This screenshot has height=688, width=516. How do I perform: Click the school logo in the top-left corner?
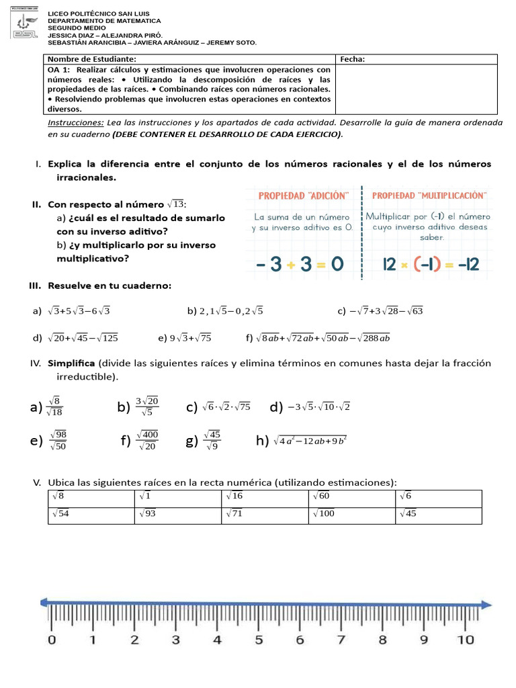pyautogui.click(x=26, y=25)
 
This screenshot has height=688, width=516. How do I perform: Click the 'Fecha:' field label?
pyautogui.click(x=353, y=59)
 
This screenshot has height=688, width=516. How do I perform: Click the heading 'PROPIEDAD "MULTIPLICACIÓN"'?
pyautogui.click(x=429, y=195)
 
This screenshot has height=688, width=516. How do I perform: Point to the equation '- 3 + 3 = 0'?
pyautogui.click(x=300, y=264)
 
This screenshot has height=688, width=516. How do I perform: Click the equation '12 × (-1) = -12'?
pyautogui.click(x=431, y=264)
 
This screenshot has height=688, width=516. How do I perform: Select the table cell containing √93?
pyautogui.click(x=178, y=515)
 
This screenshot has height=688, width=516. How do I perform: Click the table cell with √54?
pyautogui.click(x=90, y=515)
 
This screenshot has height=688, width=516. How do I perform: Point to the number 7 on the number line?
pyautogui.click(x=341, y=640)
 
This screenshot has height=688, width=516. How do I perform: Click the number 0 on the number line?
pyautogui.click(x=52, y=640)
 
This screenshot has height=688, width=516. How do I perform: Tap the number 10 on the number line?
pyautogui.click(x=466, y=640)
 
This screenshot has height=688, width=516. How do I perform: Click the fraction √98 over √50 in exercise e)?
pyautogui.click(x=57, y=440)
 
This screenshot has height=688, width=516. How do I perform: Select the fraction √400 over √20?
pyautogui.click(x=147, y=440)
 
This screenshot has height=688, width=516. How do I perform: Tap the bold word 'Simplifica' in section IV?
pyautogui.click(x=71, y=363)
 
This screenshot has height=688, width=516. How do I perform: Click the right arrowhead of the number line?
pyautogui.click(x=485, y=604)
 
